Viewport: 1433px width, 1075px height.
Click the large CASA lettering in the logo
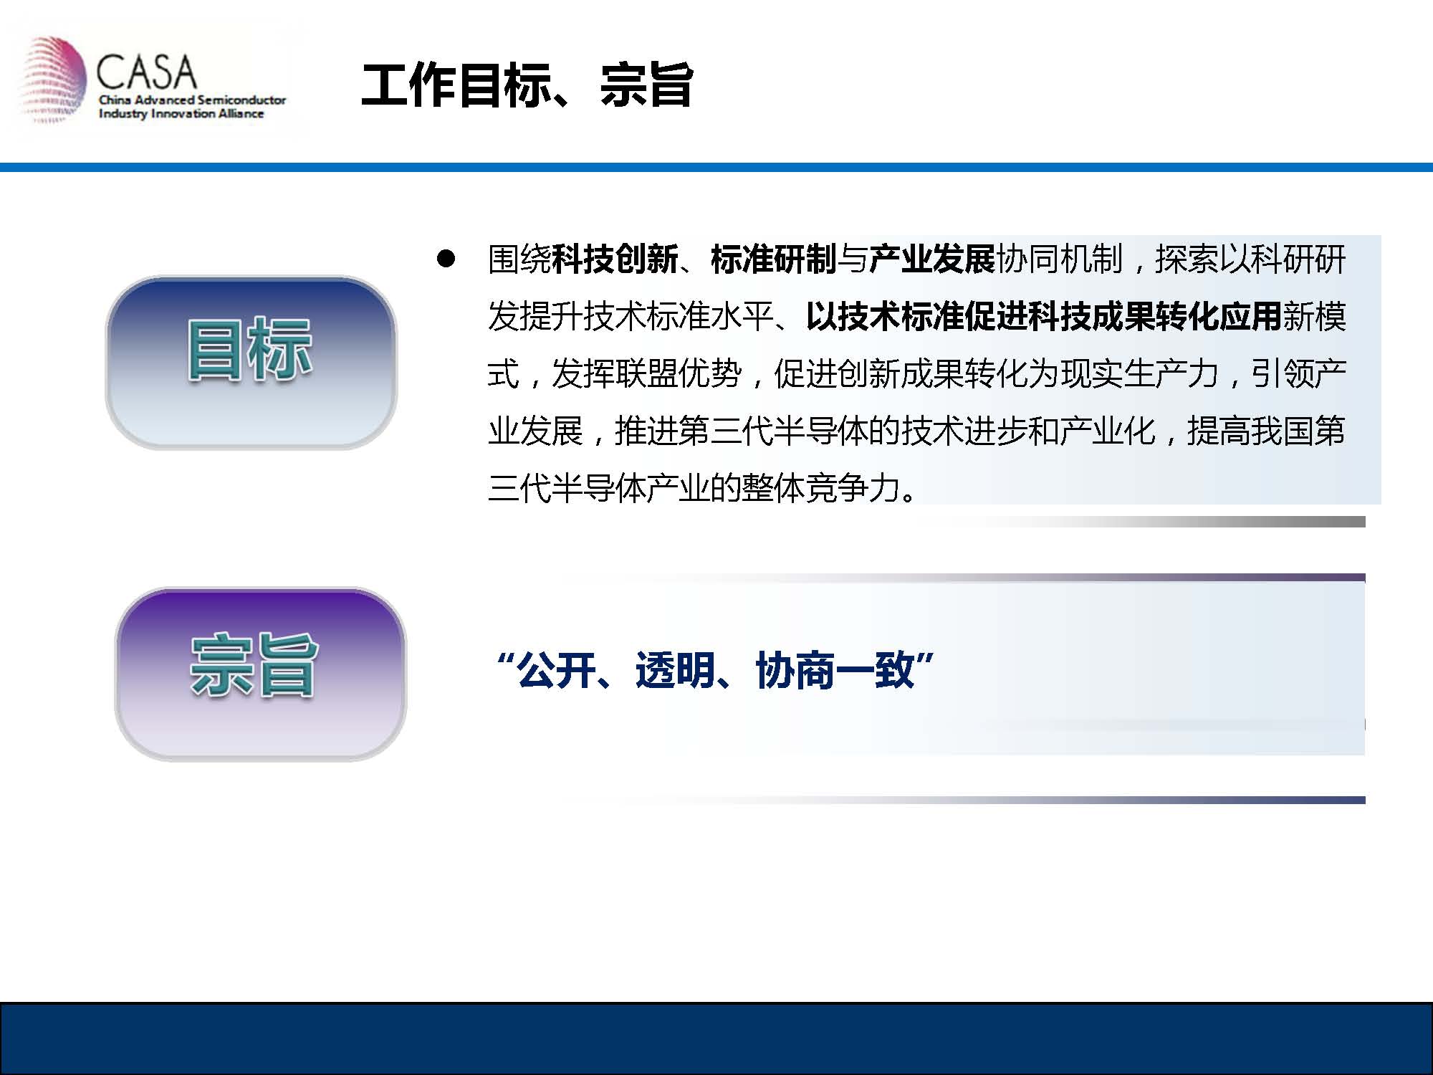(x=146, y=72)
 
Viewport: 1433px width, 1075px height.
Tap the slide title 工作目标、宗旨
(x=527, y=85)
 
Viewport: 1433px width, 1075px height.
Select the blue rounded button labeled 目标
(x=251, y=363)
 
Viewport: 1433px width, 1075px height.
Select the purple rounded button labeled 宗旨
(x=260, y=674)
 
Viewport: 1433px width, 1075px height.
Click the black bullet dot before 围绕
(x=446, y=259)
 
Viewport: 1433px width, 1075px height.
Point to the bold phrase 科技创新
(x=615, y=259)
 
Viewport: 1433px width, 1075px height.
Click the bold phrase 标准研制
(x=773, y=259)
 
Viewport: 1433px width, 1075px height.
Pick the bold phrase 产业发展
(x=932, y=259)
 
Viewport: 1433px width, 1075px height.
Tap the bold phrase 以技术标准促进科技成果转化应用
(x=1043, y=317)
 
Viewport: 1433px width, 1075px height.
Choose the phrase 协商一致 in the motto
(x=835, y=671)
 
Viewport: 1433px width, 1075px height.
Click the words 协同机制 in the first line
(x=1059, y=259)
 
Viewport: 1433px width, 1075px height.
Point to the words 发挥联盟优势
(x=646, y=374)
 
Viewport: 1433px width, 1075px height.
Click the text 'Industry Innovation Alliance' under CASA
(x=181, y=114)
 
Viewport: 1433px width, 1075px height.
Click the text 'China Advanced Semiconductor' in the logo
(x=192, y=100)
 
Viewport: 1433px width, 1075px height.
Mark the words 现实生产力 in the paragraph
(x=1139, y=374)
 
